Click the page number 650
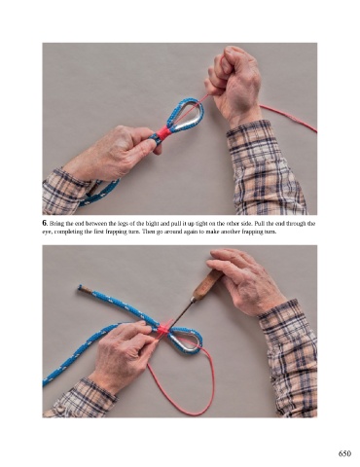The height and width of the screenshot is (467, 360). pyautogui.click(x=344, y=453)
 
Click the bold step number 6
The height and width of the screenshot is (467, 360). pyautogui.click(x=45, y=223)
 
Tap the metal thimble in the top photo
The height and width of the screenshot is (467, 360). pyautogui.click(x=188, y=115)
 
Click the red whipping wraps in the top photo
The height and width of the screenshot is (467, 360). pyautogui.click(x=162, y=132)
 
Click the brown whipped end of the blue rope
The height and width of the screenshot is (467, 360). pyautogui.click(x=83, y=288)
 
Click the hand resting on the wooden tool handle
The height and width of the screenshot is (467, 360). pyautogui.click(x=246, y=280)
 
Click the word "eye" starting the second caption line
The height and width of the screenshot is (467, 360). pyautogui.click(x=46, y=232)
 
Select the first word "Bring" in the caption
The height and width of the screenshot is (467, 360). pyautogui.click(x=55, y=224)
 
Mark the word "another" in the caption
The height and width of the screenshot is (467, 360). pyautogui.click(x=239, y=232)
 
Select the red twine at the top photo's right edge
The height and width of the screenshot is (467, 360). pyautogui.click(x=288, y=118)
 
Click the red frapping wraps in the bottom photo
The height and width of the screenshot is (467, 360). pyautogui.click(x=163, y=329)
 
